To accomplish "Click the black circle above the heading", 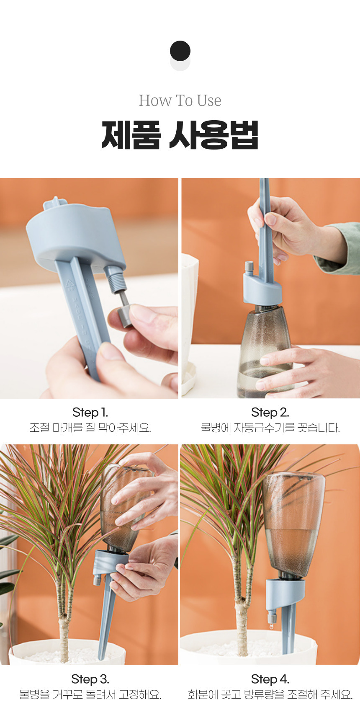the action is (180, 51).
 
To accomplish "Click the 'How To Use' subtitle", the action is (180, 101).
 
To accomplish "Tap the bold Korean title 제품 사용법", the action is (180, 135).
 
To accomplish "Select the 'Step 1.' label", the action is (90, 413).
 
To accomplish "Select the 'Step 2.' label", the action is (270, 413).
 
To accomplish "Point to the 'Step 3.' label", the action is (90, 679).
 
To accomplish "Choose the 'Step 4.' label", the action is (270, 679).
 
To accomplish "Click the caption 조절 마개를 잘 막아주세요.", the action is (90, 428).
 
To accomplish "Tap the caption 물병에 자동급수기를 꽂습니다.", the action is (270, 428).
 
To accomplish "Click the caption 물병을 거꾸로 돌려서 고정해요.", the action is (90, 694).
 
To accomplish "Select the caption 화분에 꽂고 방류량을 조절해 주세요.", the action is (270, 694).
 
